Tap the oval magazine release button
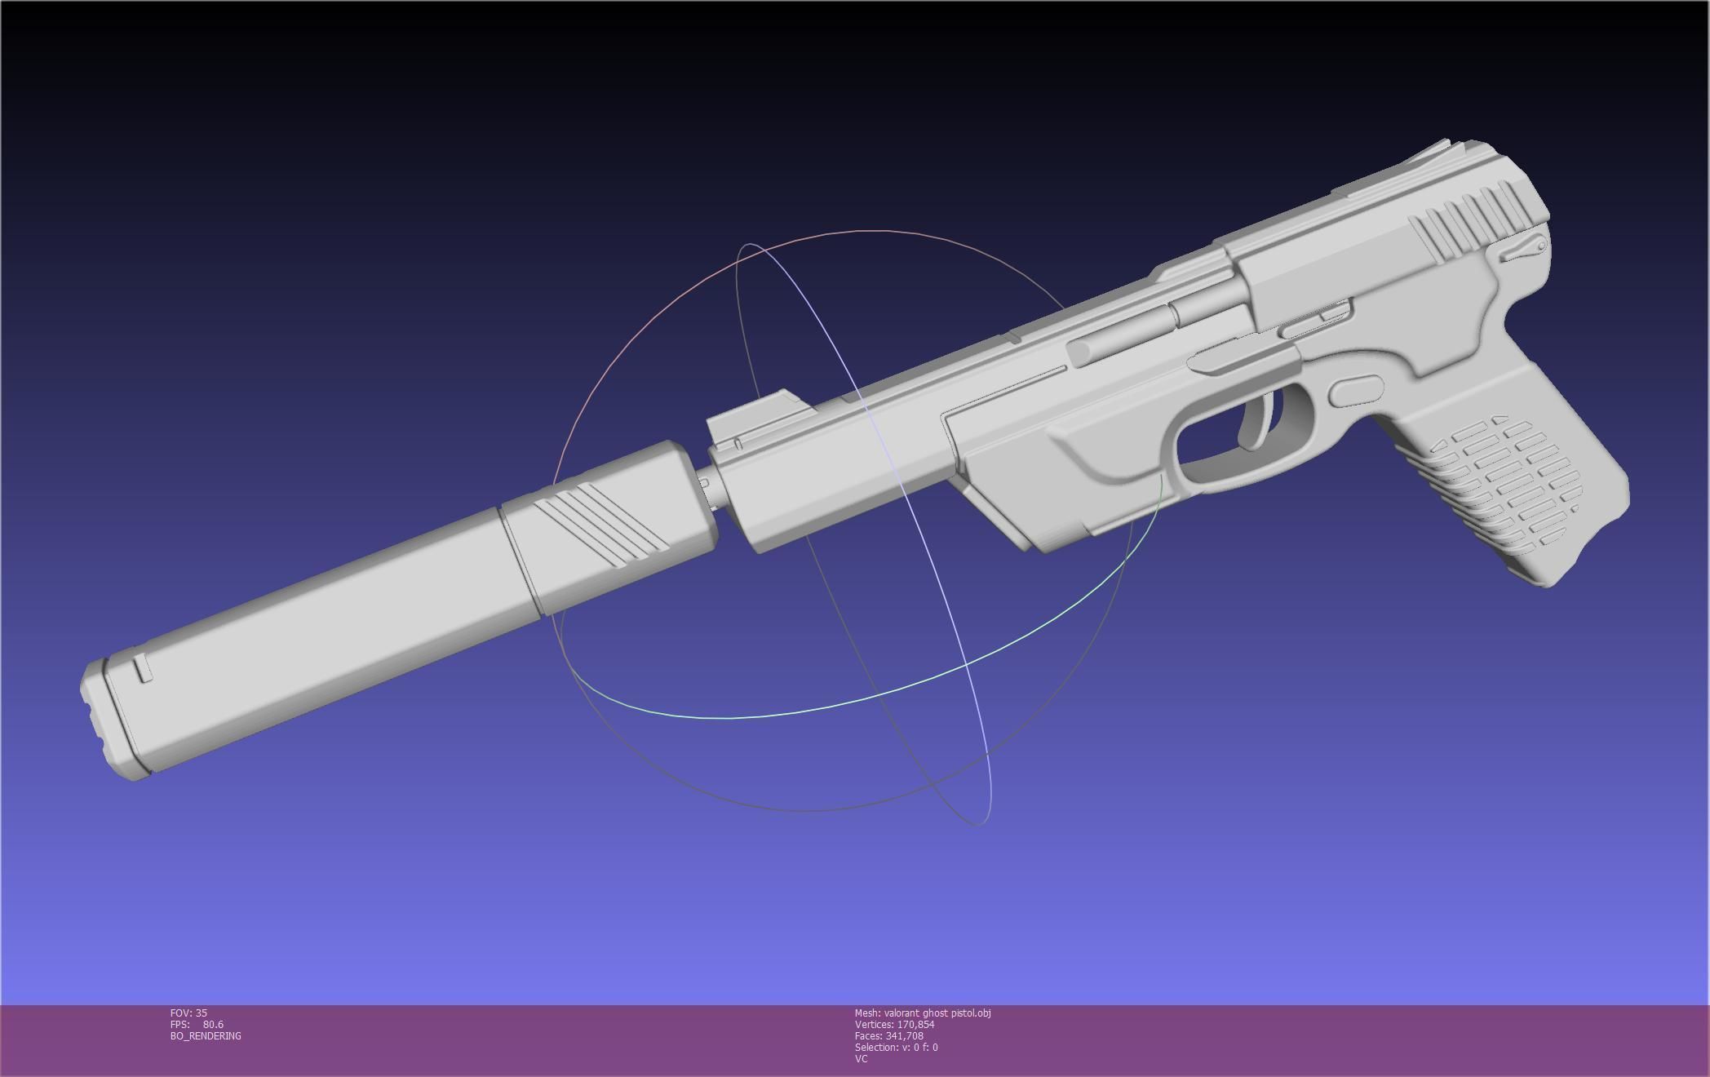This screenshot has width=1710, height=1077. (x=1356, y=391)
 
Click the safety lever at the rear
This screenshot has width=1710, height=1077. (x=1522, y=248)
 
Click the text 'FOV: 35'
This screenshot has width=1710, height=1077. (x=188, y=1013)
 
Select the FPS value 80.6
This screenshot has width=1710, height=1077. (x=213, y=1025)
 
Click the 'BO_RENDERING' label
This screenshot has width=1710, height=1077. (x=206, y=1036)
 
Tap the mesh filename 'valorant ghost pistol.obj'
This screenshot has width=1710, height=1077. (x=937, y=1013)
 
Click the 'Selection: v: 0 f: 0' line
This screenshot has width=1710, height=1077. (x=896, y=1048)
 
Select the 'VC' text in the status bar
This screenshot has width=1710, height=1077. (x=862, y=1059)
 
